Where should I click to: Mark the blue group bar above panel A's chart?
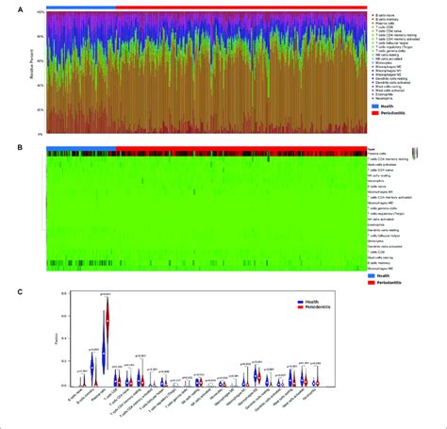tap(80, 7)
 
